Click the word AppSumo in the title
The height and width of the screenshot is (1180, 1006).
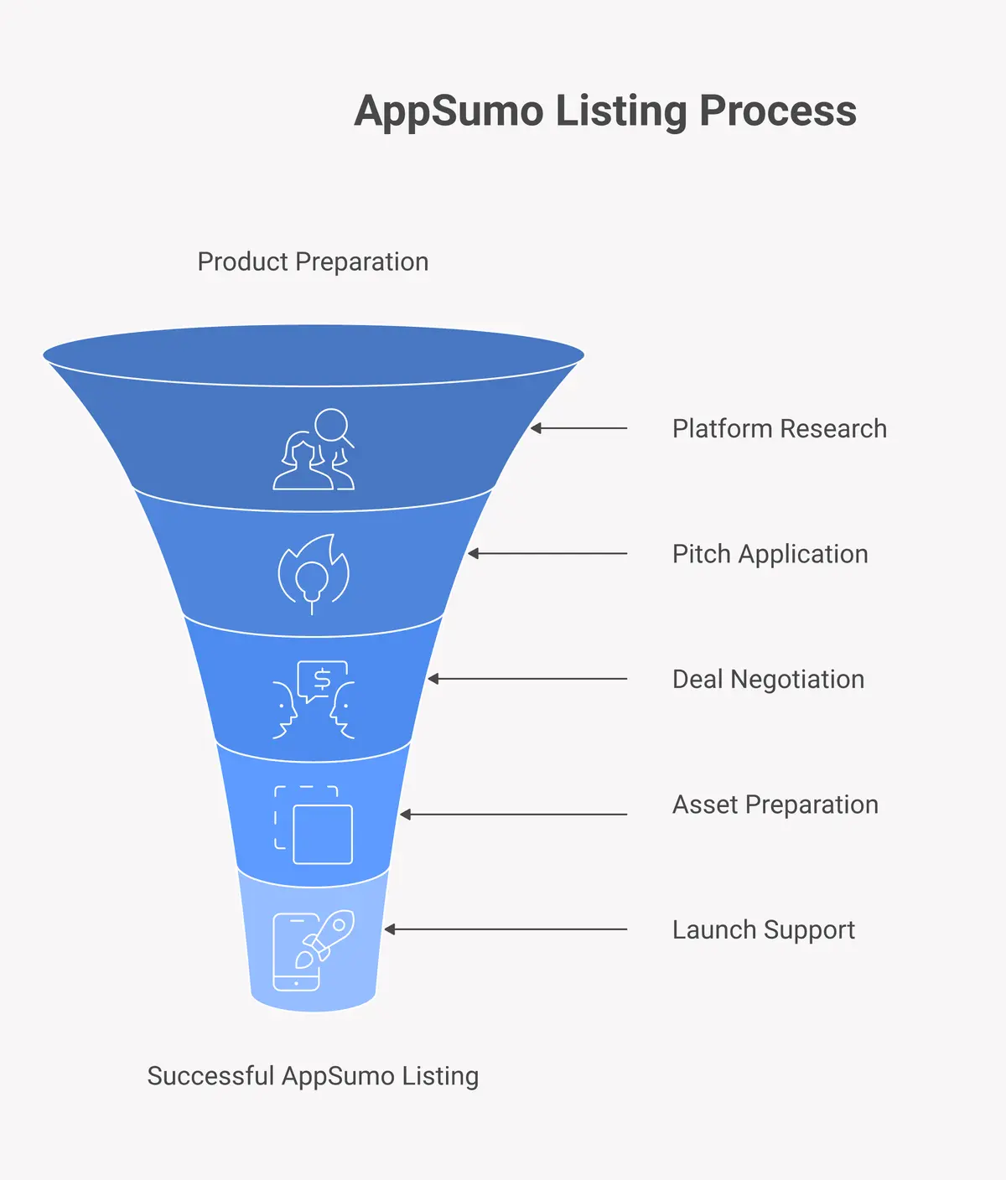point(449,111)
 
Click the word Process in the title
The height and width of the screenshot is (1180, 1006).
point(778,111)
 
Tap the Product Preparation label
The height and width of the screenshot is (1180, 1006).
point(313,262)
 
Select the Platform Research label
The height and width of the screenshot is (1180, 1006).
point(779,429)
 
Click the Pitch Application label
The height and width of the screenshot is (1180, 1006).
point(770,554)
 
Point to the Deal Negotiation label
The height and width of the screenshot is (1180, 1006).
point(768,679)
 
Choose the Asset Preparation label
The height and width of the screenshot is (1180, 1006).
point(775,805)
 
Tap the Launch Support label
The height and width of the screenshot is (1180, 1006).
point(763,929)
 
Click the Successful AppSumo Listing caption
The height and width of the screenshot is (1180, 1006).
point(313,1076)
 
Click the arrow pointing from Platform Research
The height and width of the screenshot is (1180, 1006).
point(578,428)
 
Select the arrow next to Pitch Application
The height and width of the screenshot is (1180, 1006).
point(547,554)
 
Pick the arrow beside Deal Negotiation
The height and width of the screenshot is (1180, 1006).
point(527,679)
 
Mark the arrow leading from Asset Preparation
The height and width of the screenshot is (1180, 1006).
point(513,815)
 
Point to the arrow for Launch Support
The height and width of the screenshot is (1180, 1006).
point(506,929)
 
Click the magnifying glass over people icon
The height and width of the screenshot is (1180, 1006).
point(314,449)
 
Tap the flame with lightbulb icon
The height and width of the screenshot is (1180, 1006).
point(314,573)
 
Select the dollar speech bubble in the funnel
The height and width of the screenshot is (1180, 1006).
point(321,681)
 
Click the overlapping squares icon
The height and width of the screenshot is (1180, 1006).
point(314,825)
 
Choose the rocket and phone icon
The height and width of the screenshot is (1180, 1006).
point(314,950)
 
